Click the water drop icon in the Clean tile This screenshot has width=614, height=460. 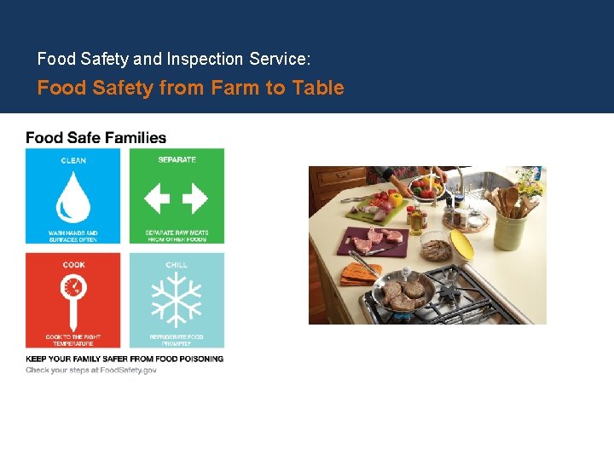pos(72,197)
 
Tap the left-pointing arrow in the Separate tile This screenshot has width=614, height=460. pos(157,199)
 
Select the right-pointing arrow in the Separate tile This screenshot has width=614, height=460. pos(195,199)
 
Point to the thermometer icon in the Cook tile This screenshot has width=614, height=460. pos(73,294)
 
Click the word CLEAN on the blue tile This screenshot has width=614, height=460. pos(73,161)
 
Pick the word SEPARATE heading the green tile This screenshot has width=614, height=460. pos(177,159)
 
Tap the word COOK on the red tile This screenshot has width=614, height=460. pos(73,265)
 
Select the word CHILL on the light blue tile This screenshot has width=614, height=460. pos(177,265)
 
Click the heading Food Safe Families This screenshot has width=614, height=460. pos(96,137)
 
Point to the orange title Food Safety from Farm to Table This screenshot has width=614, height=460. pos(190,88)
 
